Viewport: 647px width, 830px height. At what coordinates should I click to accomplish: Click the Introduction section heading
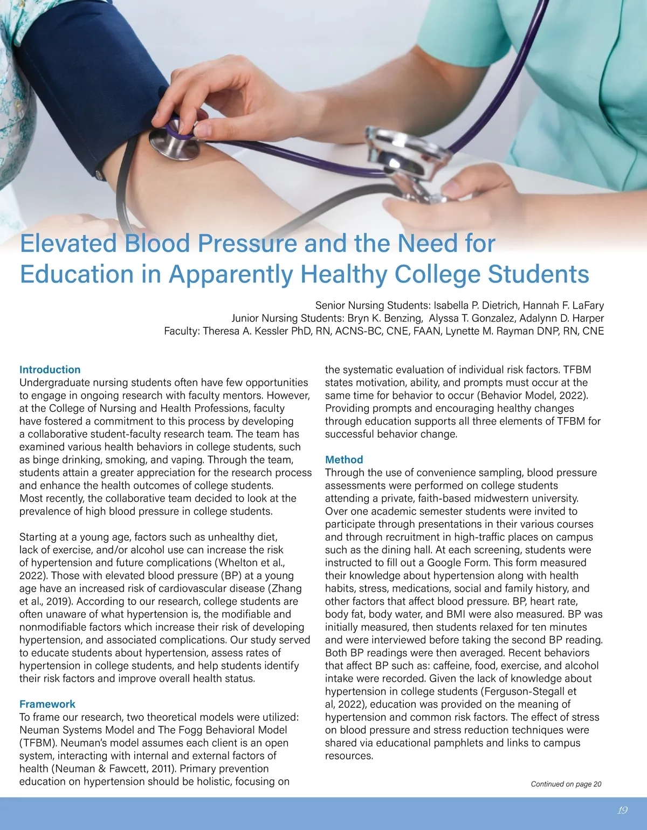[50, 370]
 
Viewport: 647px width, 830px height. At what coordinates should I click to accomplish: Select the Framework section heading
[47, 704]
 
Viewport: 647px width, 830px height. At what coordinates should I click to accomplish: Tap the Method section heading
[344, 460]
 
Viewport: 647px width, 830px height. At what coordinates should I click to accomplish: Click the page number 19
[622, 811]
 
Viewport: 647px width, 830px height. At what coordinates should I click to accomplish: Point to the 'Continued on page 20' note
[566, 784]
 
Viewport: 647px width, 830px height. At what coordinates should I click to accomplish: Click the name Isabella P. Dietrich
[476, 305]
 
